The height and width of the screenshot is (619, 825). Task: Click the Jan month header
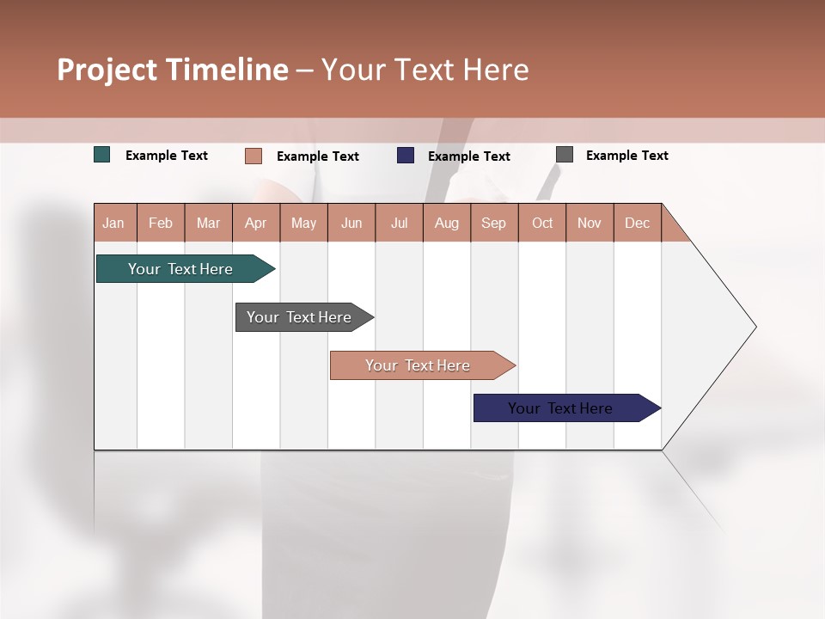(113, 223)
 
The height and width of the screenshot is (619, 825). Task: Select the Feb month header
(161, 223)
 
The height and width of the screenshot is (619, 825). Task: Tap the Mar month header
(208, 223)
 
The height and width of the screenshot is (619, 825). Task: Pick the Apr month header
(256, 223)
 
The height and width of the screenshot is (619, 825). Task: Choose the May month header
(303, 223)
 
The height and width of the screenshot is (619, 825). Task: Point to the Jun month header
(351, 223)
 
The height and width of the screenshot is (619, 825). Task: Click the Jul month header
(399, 223)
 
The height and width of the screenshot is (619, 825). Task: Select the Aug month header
(447, 223)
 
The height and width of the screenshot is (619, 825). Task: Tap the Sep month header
(494, 223)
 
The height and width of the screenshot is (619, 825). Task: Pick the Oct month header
(542, 223)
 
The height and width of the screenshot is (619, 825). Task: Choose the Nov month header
(590, 223)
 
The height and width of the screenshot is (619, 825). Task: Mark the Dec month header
(638, 223)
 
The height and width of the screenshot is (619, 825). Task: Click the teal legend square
(102, 155)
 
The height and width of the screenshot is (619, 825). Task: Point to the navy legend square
(406, 156)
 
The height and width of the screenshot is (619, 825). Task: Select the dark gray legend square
(565, 155)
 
